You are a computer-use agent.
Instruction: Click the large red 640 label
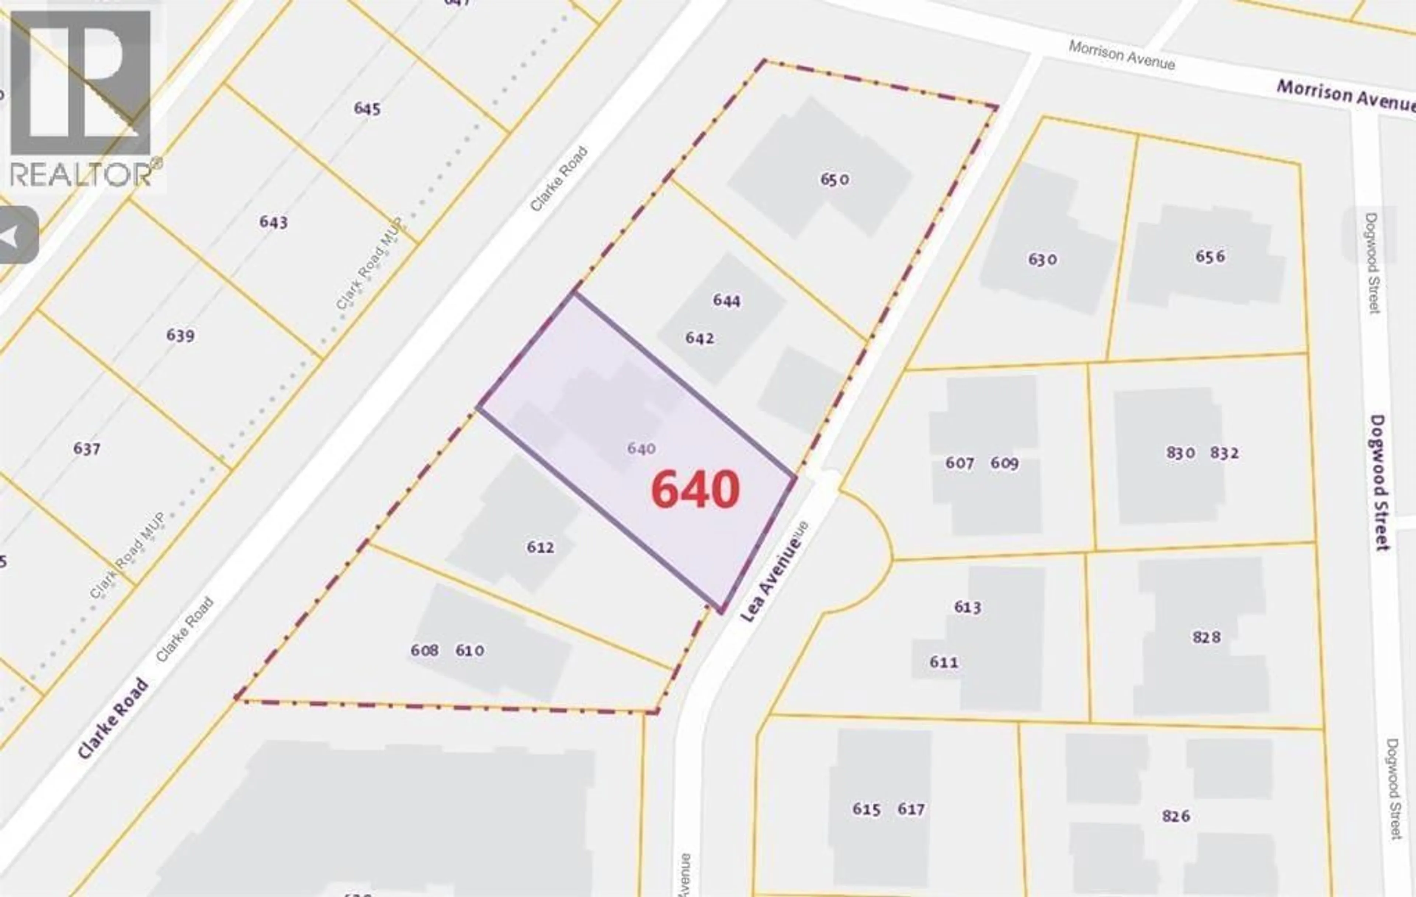695,489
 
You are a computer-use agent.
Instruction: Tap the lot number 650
834,179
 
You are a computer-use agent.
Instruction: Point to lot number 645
367,109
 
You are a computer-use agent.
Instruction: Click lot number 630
1042,259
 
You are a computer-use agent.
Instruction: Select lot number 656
1210,256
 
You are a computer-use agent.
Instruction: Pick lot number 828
1207,637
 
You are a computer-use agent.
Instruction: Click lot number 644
727,301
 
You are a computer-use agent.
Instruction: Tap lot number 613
967,607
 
